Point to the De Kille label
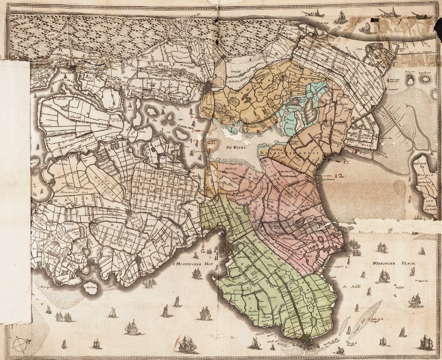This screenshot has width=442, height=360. [347, 287]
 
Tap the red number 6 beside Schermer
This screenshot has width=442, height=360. [192, 116]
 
